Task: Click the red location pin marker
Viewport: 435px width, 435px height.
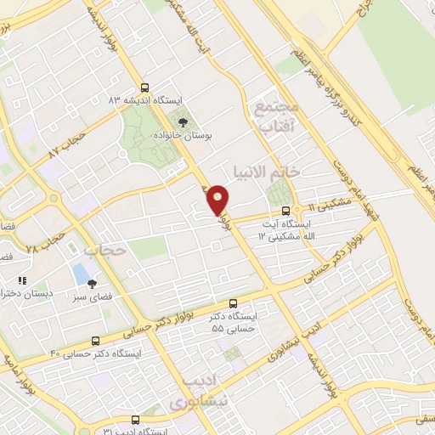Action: (217, 199)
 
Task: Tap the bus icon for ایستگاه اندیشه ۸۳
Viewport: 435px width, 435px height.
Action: (144, 87)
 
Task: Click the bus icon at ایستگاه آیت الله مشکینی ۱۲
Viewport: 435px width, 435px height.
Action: (285, 210)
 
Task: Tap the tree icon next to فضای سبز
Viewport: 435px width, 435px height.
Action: (93, 284)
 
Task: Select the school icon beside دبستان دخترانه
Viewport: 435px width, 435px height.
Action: (23, 280)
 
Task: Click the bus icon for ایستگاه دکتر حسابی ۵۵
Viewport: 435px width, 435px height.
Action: (234, 304)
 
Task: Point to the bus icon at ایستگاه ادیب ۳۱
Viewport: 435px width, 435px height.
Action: (135, 420)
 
